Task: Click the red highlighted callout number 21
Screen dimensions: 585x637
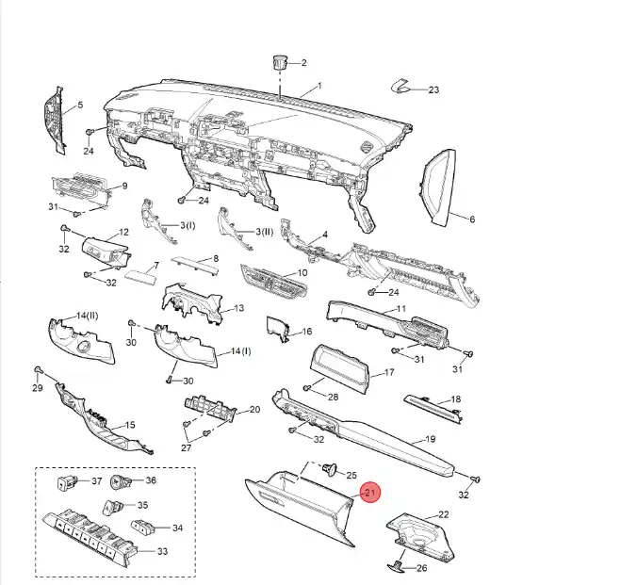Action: pyautogui.click(x=369, y=494)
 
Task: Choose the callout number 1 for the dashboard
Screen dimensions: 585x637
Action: pyautogui.click(x=318, y=86)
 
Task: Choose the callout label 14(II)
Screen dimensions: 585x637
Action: pyautogui.click(x=89, y=315)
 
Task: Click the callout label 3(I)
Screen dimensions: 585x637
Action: pyautogui.click(x=184, y=226)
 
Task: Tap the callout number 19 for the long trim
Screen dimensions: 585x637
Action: pyautogui.click(x=429, y=440)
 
